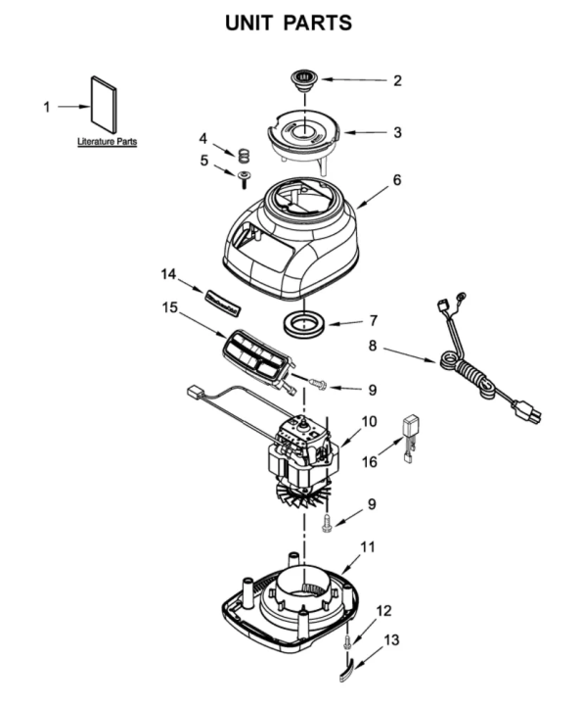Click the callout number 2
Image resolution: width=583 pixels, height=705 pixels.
pos(397,81)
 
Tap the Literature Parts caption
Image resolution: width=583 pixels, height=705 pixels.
pos(107,142)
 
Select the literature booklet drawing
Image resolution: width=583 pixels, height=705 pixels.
pos(105,105)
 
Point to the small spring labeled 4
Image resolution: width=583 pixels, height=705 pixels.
pos(243,156)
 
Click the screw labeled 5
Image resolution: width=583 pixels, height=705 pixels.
pos(244,179)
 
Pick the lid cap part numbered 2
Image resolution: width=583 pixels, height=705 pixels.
pos(305,79)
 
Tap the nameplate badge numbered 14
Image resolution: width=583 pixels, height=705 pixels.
pos(223,302)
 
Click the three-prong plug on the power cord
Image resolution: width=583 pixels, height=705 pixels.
pos(526,411)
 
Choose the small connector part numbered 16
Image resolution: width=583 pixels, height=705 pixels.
pos(410,438)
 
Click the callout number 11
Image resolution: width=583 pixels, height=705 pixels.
pos(368,547)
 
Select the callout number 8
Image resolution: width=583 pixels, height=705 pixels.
pos(373,347)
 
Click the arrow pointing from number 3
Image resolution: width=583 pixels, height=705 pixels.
pos(365,132)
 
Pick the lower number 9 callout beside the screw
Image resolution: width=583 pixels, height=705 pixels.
pos(372,504)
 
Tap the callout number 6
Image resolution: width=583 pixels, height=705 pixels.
pos(397,180)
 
